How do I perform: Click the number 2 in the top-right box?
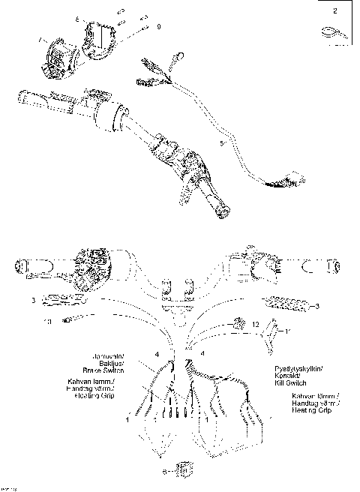334,10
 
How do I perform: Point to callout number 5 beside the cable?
221,140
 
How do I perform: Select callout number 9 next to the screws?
158,26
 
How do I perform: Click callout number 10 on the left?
46,322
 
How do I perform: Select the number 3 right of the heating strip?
316,306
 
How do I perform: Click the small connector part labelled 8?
183,470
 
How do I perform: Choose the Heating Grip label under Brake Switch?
92,395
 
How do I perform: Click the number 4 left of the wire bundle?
156,352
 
